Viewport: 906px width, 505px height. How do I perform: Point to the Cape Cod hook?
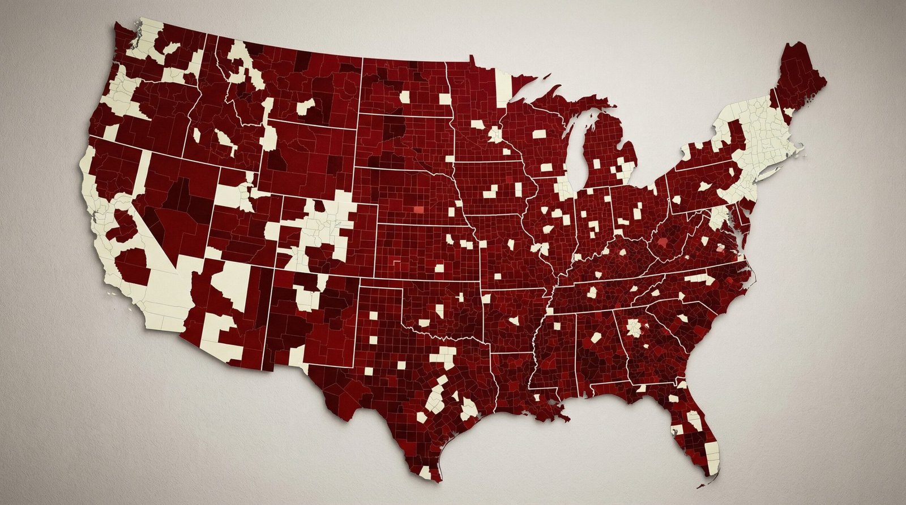(x=798, y=148)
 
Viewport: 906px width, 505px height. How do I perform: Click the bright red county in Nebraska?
(x=418, y=209)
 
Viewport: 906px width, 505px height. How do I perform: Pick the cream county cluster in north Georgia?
(x=634, y=328)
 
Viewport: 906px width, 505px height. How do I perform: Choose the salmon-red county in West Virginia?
(x=663, y=243)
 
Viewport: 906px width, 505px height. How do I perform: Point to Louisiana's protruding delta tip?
(x=564, y=419)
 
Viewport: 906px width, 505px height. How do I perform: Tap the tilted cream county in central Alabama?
(x=596, y=338)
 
